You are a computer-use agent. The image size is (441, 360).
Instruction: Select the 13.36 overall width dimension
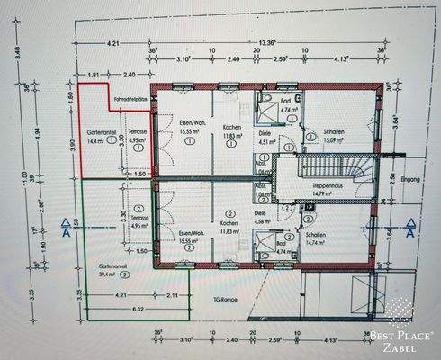[269, 42]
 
